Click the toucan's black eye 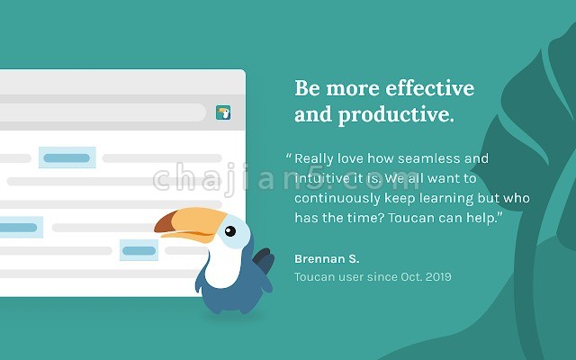[230, 231]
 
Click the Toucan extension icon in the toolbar [223, 112]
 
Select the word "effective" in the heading [430, 88]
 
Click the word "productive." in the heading [396, 115]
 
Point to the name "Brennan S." [327, 258]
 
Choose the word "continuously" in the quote [337, 198]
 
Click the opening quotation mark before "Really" [289, 156]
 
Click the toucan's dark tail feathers [264, 260]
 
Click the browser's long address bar [103, 112]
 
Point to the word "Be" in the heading [308, 88]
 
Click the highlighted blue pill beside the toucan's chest [139, 250]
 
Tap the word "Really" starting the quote [314, 159]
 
